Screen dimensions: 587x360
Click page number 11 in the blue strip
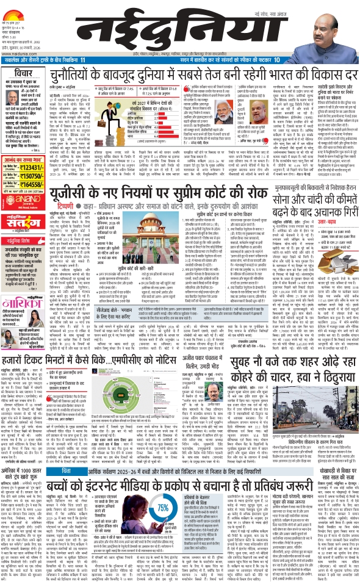(x=83, y=60)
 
